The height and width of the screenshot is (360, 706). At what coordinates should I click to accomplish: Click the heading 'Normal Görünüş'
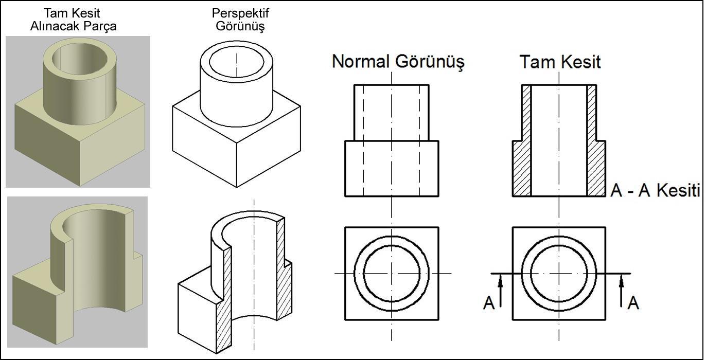click(x=398, y=62)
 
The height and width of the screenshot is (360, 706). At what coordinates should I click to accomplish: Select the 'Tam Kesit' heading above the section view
click(x=560, y=62)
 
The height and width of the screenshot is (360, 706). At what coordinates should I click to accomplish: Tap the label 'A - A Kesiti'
click(x=655, y=191)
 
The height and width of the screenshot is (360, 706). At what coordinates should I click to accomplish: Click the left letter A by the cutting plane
click(x=489, y=303)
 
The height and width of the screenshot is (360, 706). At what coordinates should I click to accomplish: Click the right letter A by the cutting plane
click(x=633, y=303)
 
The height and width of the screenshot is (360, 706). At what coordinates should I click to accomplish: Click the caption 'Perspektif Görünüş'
click(x=240, y=20)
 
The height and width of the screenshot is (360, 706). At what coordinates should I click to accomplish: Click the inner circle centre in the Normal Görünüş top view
click(x=392, y=273)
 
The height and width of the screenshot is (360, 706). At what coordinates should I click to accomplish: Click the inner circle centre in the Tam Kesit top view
click(x=559, y=273)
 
